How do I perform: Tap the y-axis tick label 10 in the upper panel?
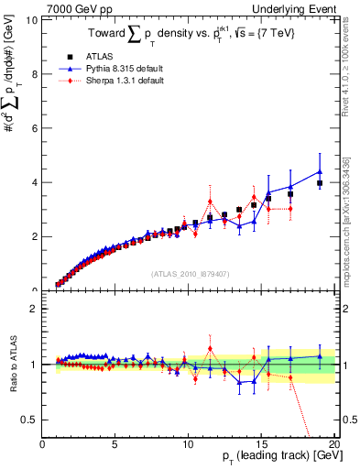point(32,20)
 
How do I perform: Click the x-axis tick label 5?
point(115,444)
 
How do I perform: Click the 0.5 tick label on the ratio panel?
point(30,420)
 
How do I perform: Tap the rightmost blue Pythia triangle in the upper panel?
point(320,171)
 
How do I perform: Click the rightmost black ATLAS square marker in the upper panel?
point(320,183)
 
